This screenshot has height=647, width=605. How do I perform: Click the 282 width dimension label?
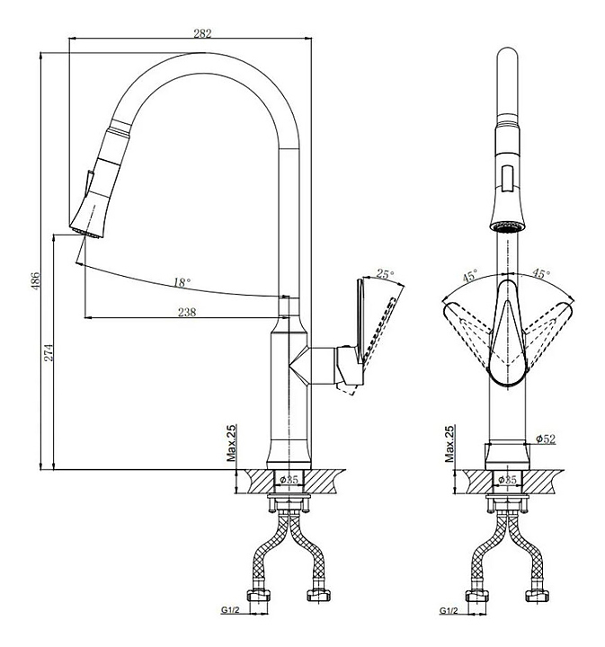[202, 33]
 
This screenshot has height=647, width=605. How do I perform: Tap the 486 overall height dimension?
[35, 280]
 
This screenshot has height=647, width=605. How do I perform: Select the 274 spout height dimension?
[49, 352]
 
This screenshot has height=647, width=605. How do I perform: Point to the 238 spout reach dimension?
[187, 312]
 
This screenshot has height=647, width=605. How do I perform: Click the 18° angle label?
[182, 282]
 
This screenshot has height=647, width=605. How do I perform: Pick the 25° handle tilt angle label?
[385, 273]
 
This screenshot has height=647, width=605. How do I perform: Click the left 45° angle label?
[470, 275]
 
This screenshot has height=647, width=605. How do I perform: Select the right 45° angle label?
[540, 273]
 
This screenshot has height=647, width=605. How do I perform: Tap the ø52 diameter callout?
[546, 439]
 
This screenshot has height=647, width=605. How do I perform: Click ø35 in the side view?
[289, 480]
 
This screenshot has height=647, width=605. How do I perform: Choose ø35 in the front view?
[507, 480]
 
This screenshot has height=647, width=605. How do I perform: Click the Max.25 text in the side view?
[232, 443]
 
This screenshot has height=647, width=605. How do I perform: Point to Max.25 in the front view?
[449, 443]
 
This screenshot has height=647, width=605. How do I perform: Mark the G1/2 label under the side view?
[230, 610]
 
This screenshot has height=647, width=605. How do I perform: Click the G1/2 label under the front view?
[449, 611]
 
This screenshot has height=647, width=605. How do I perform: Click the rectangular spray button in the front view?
[507, 177]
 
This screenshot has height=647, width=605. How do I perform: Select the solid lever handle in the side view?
[360, 322]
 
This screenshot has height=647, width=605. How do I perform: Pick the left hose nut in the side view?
[259, 596]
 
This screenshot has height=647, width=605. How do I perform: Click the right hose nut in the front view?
[537, 595]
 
